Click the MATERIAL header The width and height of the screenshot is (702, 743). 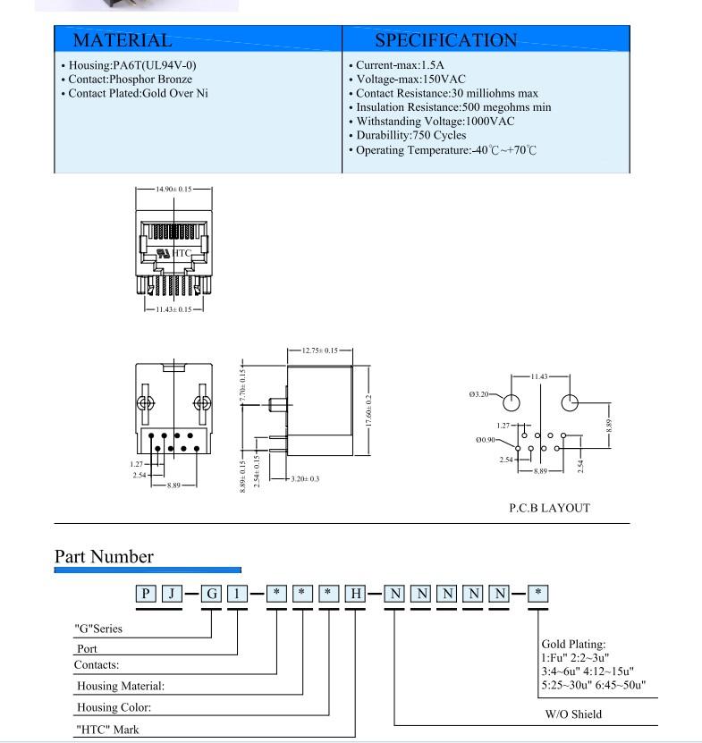pos(123,40)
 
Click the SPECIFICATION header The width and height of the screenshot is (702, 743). pos(445,40)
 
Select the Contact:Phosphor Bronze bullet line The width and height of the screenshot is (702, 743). pos(127,80)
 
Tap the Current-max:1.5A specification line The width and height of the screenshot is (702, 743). pos(397,65)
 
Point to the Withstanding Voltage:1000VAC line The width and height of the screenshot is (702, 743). pos(432,122)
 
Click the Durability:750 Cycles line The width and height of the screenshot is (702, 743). pos(408,136)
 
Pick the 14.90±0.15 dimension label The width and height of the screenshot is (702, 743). pos(173,189)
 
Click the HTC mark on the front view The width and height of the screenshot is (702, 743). pos(181,253)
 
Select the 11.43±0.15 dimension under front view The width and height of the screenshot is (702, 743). pos(174,309)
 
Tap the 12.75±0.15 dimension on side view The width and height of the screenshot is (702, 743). pos(320,350)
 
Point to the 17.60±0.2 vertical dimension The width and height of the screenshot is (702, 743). pos(368,410)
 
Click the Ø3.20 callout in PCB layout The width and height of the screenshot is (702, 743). pos(478,394)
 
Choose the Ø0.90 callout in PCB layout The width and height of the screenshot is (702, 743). pos(486,440)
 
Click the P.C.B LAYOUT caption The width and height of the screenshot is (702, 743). pos(549,508)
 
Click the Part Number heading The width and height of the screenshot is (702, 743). pos(104,557)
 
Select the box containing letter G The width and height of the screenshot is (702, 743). pos(211,594)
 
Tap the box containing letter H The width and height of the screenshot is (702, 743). pos(356,594)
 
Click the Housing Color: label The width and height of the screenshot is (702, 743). pos(114,707)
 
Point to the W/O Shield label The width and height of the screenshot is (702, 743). pos(573,714)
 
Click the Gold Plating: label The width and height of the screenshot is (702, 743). pos(573,644)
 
